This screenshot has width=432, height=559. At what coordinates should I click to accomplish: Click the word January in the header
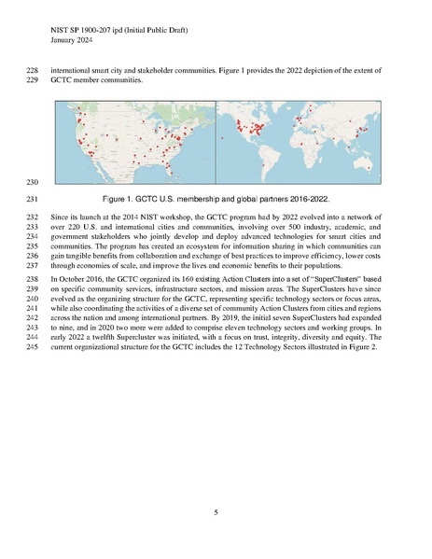pos(65,40)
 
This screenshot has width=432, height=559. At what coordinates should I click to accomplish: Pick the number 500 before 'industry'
pos(299,226)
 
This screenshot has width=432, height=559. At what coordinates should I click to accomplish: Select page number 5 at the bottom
pos(216,511)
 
